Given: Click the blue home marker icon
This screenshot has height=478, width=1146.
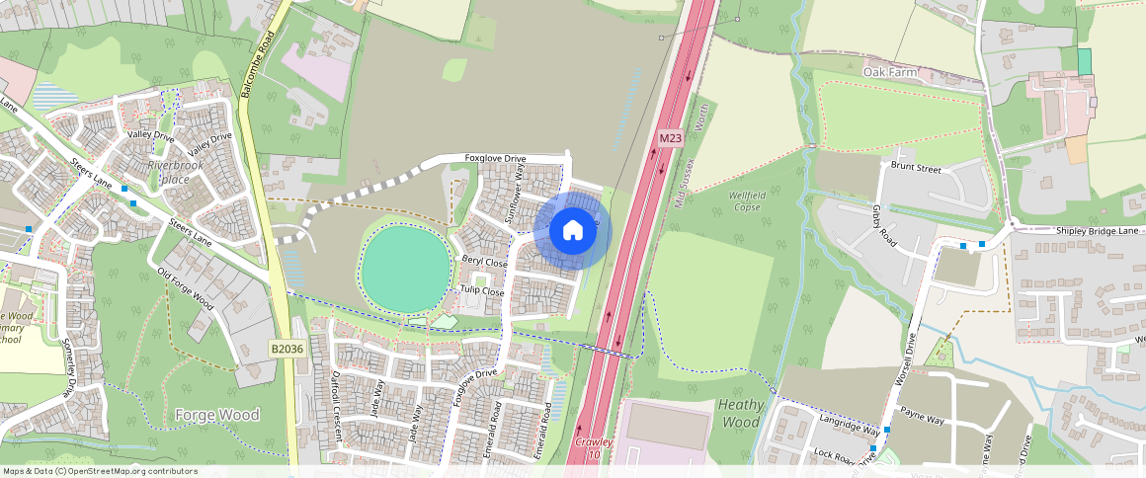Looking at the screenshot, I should pyautogui.click(x=572, y=231).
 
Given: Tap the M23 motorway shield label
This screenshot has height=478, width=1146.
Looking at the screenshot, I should pyautogui.click(x=670, y=139).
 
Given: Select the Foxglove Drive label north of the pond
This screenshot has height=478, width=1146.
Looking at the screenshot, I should pyautogui.click(x=509, y=158).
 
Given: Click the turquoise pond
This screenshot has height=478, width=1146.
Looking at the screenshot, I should pyautogui.click(x=403, y=267).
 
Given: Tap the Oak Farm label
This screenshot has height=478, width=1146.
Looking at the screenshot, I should pyautogui.click(x=889, y=73).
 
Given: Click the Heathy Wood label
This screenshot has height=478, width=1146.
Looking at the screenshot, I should pyautogui.click(x=740, y=413).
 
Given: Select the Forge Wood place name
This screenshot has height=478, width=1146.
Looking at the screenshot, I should pyautogui.click(x=216, y=415).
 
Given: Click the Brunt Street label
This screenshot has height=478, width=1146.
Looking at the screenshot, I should pyautogui.click(x=916, y=169).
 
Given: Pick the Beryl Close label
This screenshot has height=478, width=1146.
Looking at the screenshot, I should pyautogui.click(x=484, y=263).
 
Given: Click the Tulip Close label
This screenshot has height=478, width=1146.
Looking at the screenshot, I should pyautogui.click(x=481, y=290).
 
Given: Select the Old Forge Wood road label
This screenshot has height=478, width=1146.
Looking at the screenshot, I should pyautogui.click(x=185, y=288).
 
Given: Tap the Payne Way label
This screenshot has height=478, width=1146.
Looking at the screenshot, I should pyautogui.click(x=924, y=421).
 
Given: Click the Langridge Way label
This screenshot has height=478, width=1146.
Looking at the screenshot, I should pyautogui.click(x=849, y=426).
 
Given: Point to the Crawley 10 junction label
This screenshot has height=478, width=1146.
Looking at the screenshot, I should pyautogui.click(x=594, y=448).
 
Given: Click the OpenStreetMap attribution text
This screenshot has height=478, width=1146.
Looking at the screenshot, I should pyautogui.click(x=100, y=471).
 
